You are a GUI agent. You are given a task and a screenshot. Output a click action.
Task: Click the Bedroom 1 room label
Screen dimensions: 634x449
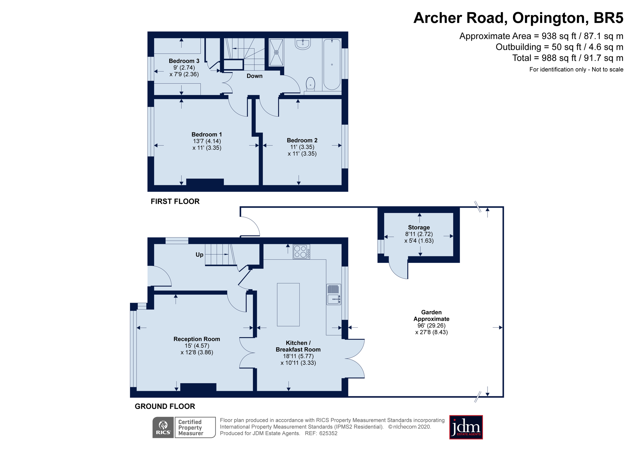tap(207, 134)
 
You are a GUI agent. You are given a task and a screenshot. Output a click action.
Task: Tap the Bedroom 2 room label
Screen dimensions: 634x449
tap(302, 140)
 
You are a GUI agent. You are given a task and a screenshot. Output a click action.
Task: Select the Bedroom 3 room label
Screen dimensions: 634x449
tap(184, 61)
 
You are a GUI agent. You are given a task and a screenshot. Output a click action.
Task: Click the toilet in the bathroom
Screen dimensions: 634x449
tap(310, 84)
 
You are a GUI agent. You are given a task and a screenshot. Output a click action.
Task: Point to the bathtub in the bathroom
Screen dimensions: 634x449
tap(332, 64)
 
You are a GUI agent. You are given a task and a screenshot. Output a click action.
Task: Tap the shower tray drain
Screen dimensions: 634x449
tap(276, 52)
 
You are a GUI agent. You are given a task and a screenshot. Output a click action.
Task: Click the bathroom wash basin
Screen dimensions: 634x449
tap(303, 44)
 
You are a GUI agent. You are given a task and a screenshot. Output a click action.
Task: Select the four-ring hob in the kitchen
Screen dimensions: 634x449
tap(301, 251)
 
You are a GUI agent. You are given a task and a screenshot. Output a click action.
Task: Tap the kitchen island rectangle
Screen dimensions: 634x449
tap(288, 305)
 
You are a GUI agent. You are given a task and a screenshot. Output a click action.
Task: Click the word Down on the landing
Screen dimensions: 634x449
tap(255, 76)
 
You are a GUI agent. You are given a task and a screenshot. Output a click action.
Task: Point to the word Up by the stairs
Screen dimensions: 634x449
tap(199, 255)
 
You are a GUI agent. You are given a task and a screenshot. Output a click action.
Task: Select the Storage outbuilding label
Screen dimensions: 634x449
tap(419, 227)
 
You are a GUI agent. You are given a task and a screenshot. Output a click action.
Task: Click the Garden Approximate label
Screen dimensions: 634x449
tap(431, 316)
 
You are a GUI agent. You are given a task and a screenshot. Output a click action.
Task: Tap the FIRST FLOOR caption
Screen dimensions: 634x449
tap(175, 201)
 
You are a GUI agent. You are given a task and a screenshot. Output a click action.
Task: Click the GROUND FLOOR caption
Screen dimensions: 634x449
tap(165, 406)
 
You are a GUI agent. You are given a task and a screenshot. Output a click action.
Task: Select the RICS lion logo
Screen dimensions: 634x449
tap(163, 427)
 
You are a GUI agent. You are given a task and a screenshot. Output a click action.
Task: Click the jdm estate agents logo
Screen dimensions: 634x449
tap(466, 427)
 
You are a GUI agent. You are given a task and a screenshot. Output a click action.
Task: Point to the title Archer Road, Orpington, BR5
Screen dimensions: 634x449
tap(518, 18)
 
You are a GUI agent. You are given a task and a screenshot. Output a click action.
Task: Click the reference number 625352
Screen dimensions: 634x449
tap(328, 433)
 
